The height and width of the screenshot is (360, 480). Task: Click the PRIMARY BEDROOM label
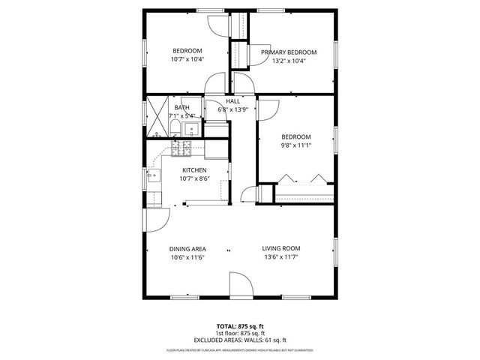pos(289,52)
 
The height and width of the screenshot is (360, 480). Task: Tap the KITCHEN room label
pos(193,169)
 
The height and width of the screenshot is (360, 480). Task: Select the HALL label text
pos(232,101)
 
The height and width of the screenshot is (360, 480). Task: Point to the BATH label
pos(182,108)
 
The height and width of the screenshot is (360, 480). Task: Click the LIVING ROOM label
pos(281,248)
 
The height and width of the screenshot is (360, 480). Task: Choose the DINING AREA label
pos(187,248)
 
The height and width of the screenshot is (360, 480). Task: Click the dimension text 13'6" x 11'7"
pos(281,257)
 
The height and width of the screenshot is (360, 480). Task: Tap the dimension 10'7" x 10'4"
pos(187,59)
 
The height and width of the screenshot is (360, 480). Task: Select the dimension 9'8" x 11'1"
pos(295,145)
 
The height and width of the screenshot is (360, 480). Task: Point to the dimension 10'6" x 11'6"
pos(187,257)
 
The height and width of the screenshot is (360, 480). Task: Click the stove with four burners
pos(182,149)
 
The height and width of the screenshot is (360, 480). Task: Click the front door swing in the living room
pos(241,286)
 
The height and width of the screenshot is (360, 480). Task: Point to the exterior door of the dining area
pos(155,220)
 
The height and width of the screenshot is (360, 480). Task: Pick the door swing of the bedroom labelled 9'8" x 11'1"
pos(268,109)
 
